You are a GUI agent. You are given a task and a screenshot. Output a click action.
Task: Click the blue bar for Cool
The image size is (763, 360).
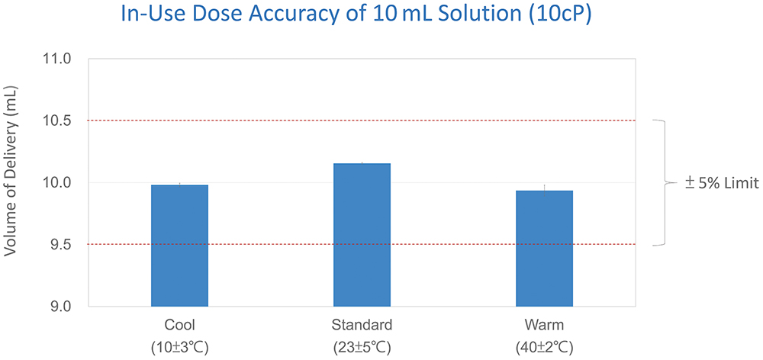click(x=179, y=246)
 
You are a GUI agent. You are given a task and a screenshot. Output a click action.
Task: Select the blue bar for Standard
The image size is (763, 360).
click(x=362, y=235)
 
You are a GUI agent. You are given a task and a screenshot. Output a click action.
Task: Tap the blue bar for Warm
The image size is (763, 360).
click(x=544, y=248)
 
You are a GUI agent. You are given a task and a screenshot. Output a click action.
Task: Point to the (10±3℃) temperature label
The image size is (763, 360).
click(x=179, y=347)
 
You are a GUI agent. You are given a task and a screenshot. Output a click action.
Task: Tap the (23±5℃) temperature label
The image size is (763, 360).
click(x=362, y=347)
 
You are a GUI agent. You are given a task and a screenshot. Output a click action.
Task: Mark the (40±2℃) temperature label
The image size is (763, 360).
click(x=544, y=347)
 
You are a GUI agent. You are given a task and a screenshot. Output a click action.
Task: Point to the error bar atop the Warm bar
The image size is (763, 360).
click(x=544, y=187)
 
